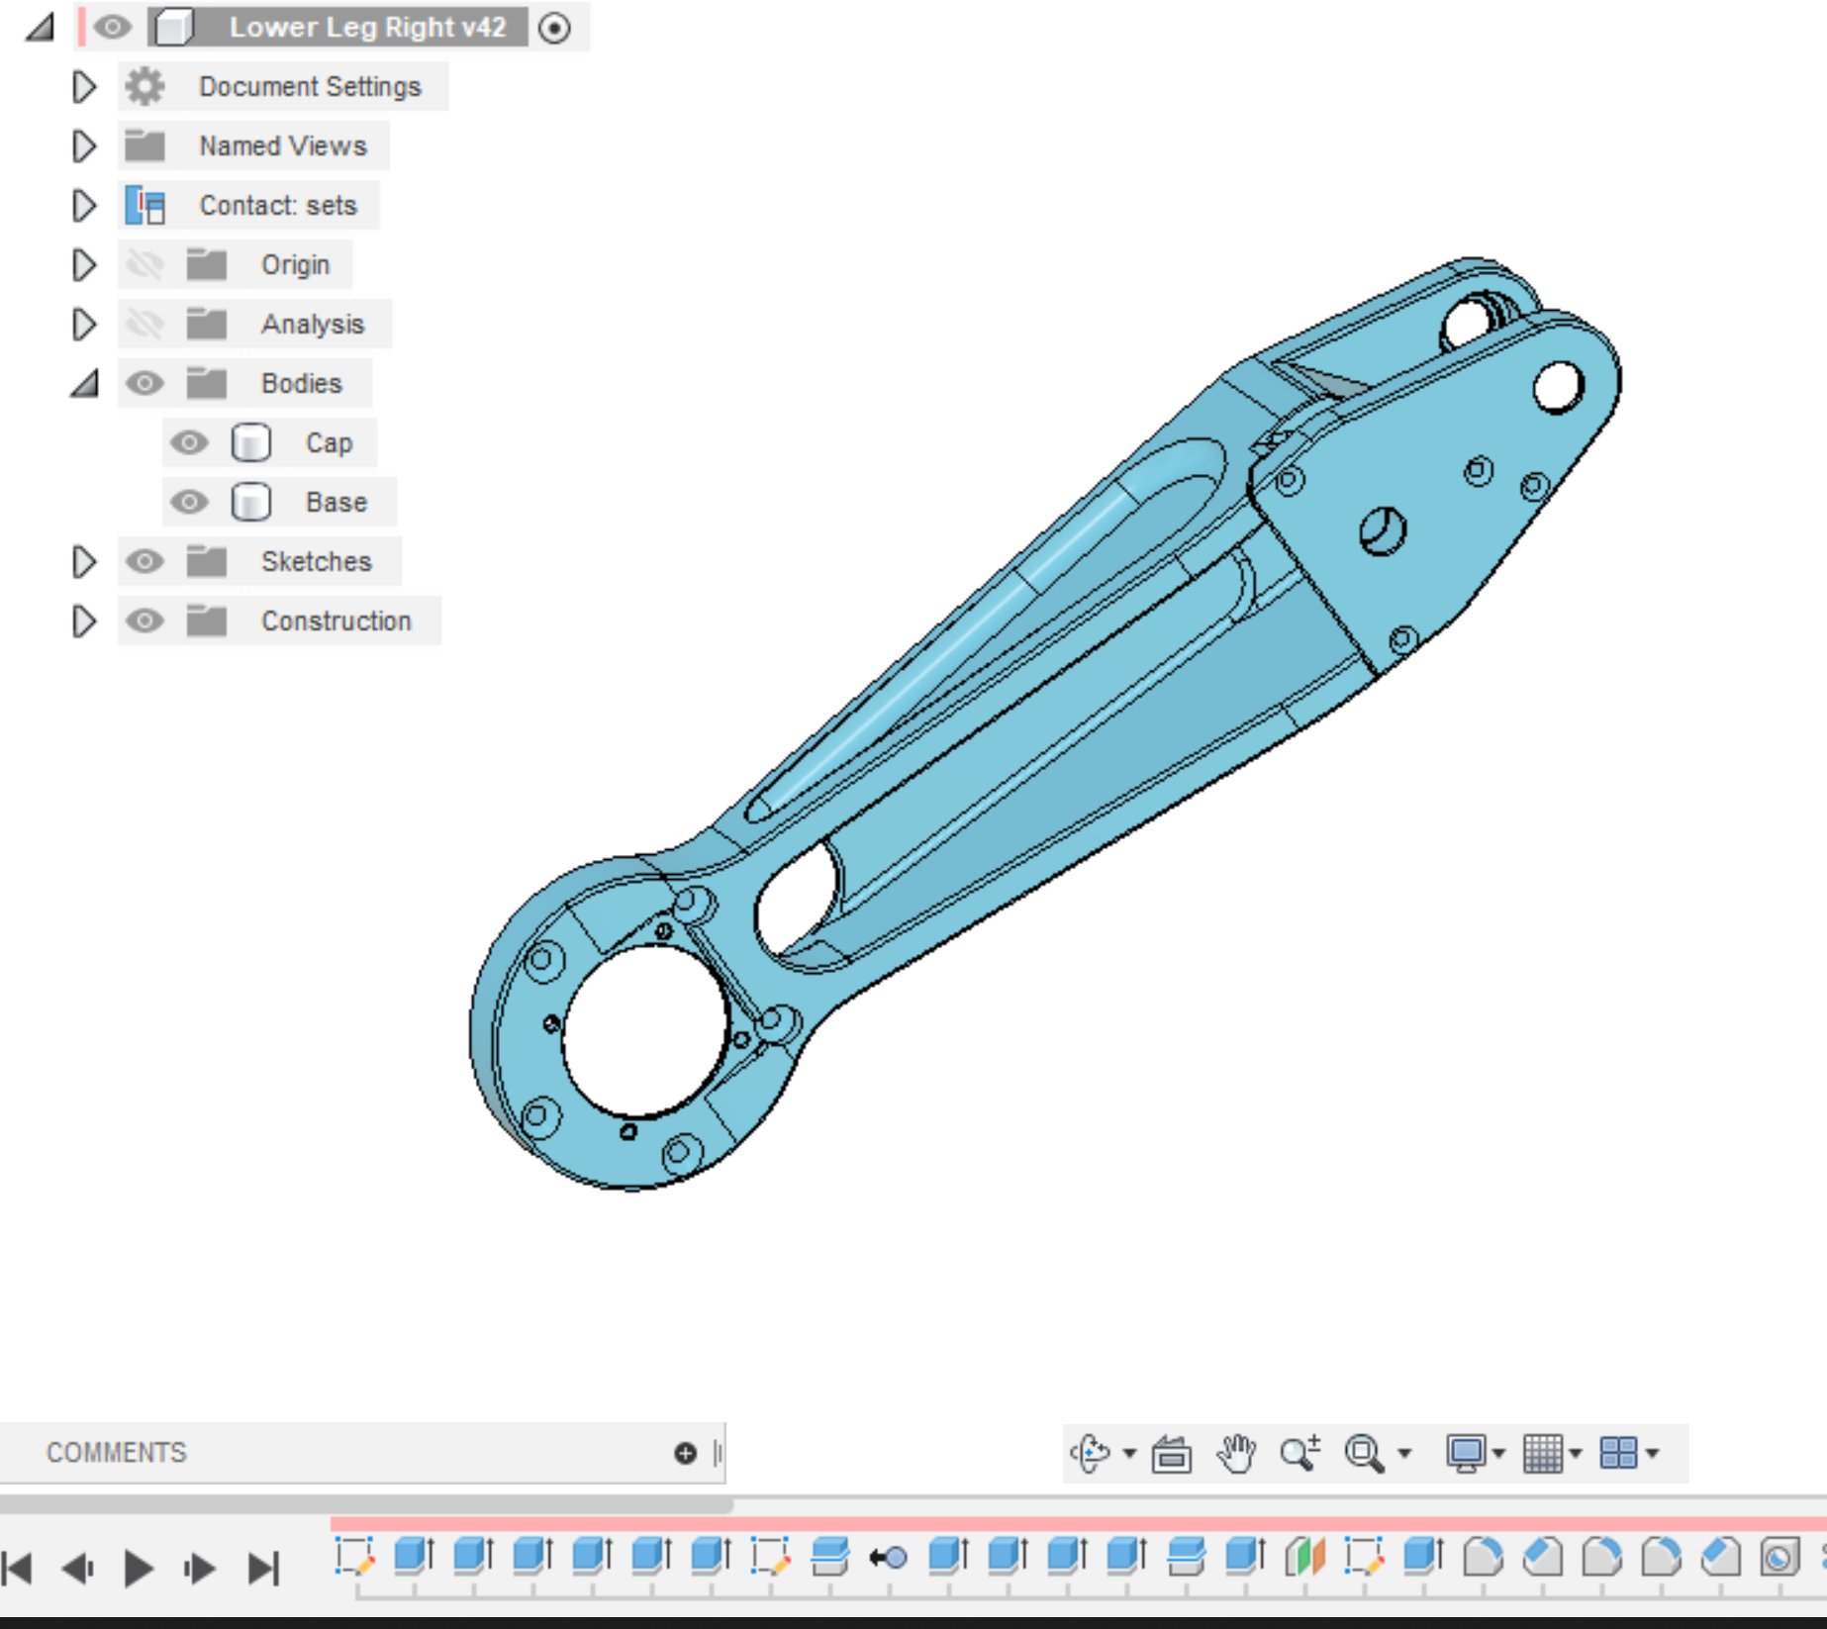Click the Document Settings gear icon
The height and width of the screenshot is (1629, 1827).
pyautogui.click(x=145, y=87)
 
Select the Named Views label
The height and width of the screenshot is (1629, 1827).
pyautogui.click(x=282, y=146)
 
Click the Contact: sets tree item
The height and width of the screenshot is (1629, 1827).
pyautogui.click(x=277, y=206)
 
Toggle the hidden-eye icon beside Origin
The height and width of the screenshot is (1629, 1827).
pyautogui.click(x=144, y=265)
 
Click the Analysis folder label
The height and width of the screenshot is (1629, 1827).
pyautogui.click(x=312, y=325)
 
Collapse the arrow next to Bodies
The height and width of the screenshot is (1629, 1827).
pyautogui.click(x=85, y=384)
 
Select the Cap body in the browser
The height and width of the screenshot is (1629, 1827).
pyautogui.click(x=328, y=443)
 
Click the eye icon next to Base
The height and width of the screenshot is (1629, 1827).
pyautogui.click(x=189, y=503)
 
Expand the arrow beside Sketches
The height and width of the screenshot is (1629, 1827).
pyautogui.click(x=84, y=562)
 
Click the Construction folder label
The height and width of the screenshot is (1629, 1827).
pyautogui.click(x=336, y=622)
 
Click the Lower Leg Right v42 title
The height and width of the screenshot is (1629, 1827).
pyautogui.click(x=367, y=28)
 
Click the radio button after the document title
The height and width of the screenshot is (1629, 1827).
pyautogui.click(x=554, y=28)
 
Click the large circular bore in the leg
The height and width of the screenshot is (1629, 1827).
pyautogui.click(x=644, y=1030)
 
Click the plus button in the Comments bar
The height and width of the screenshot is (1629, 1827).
pyautogui.click(x=685, y=1453)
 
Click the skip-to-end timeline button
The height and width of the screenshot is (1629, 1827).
pyautogui.click(x=263, y=1568)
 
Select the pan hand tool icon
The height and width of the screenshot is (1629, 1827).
pyautogui.click(x=1235, y=1453)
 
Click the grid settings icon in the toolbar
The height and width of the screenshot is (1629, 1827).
pyautogui.click(x=1543, y=1453)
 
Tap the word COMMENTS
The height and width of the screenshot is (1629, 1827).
pyautogui.click(x=116, y=1453)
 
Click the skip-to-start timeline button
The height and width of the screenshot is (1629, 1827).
pyautogui.click(x=18, y=1568)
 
